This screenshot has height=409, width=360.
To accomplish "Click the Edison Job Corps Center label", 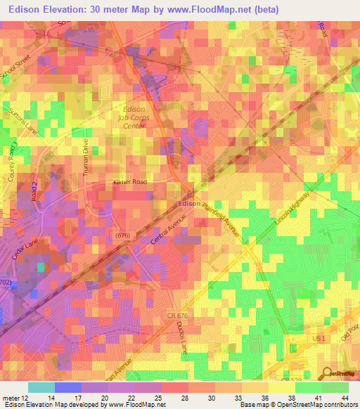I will (x=134, y=118).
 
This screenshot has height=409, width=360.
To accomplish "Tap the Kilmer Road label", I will (x=129, y=182).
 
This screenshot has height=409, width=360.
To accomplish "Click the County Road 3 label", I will (x=13, y=162).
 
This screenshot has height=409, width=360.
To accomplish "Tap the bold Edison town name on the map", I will (x=190, y=203).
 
